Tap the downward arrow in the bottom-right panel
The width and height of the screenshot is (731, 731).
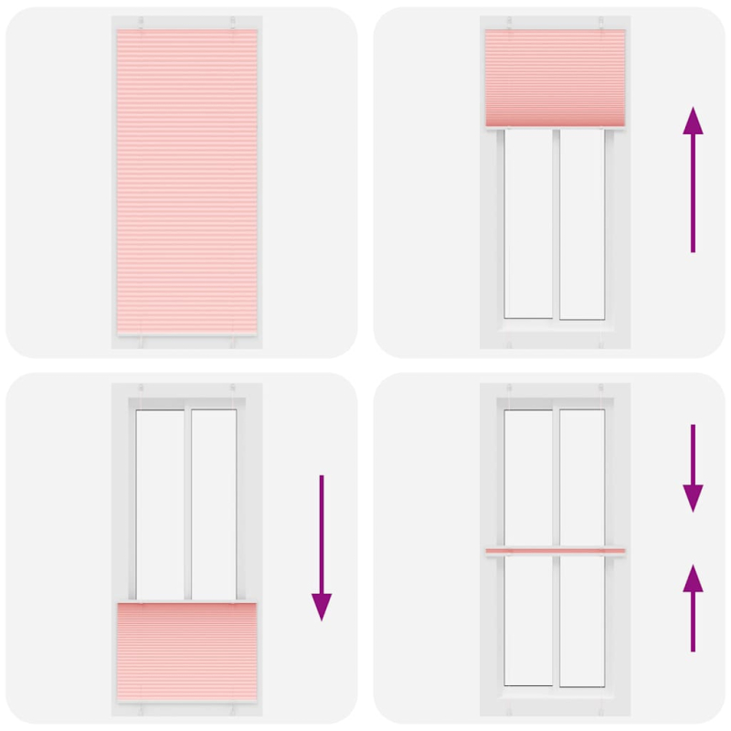pos(693,466)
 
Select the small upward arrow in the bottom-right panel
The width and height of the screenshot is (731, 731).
pos(693,608)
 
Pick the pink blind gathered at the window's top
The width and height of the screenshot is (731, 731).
pos(556,78)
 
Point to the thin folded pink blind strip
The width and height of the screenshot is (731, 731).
pos(556,550)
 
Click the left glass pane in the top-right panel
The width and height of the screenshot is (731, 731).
pos(529,224)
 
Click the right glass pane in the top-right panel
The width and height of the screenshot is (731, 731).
pos(582,224)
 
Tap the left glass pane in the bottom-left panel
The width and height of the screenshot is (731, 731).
pos(160,503)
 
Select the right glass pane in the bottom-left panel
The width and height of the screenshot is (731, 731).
pos(214,503)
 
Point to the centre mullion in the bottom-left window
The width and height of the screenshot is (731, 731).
pos(187,503)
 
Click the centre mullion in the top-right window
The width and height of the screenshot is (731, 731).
pos(556,224)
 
